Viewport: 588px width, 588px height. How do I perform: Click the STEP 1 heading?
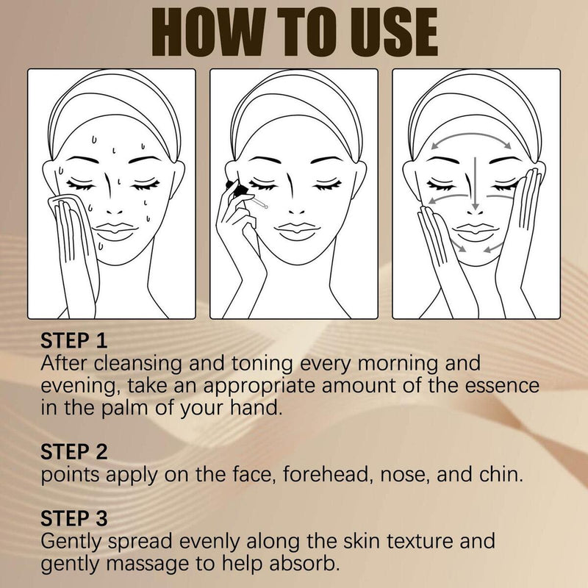click(x=74, y=341)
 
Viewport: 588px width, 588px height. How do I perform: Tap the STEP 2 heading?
click(x=74, y=451)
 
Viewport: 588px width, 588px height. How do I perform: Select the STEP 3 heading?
click(x=74, y=517)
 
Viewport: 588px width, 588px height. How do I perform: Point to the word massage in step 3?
click(x=148, y=563)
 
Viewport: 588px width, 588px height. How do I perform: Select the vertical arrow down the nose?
click(x=476, y=180)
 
